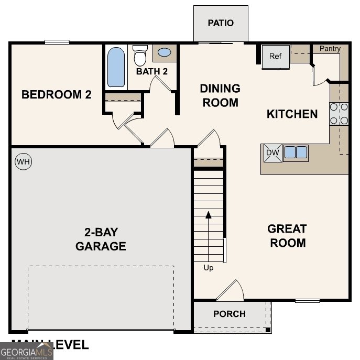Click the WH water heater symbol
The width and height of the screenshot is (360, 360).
(x=23, y=162)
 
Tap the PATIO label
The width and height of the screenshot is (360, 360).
(x=220, y=23)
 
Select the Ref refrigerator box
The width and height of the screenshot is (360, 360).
(x=276, y=56)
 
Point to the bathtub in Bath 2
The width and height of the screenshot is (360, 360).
(x=116, y=67)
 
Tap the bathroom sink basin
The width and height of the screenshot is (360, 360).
(x=164, y=53)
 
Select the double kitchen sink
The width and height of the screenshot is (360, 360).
(x=296, y=152)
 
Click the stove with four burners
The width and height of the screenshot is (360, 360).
(x=339, y=114)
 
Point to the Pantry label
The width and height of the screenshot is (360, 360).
(x=330, y=49)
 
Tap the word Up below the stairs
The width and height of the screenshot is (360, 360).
(x=209, y=268)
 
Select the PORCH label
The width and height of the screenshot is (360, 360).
(x=230, y=314)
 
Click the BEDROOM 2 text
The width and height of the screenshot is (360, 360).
(x=56, y=95)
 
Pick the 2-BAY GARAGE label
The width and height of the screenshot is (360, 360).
(x=101, y=239)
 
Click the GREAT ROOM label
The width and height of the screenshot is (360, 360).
(x=287, y=236)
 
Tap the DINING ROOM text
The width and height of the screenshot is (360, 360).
(x=220, y=95)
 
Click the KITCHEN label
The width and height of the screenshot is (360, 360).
(x=292, y=114)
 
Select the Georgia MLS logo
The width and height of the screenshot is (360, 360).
(x=26, y=351)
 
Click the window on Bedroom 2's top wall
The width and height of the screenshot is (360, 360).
(x=57, y=42)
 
